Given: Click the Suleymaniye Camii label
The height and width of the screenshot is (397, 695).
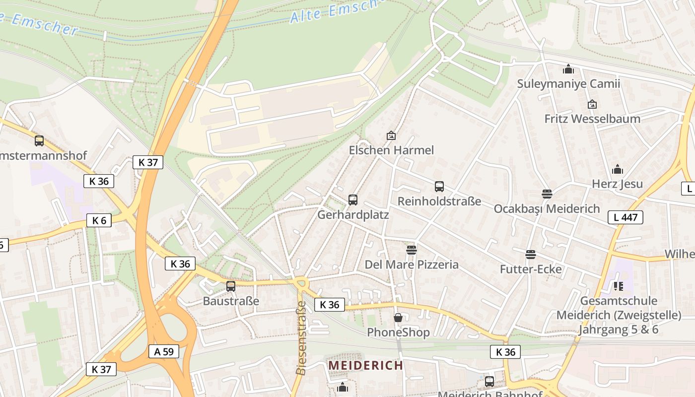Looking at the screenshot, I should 568,83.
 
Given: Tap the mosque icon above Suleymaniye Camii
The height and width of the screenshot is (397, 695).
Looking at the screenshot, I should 568,69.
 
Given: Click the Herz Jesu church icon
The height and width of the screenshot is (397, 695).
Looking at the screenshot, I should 618,170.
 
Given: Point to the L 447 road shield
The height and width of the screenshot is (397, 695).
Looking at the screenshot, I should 625,217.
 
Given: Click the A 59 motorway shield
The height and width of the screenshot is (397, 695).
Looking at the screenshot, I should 164,351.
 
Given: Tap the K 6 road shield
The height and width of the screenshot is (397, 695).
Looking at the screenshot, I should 99,220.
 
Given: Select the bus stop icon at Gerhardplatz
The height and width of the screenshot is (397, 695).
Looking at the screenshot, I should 353,200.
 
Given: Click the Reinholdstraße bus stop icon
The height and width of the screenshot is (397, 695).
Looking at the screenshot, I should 439,187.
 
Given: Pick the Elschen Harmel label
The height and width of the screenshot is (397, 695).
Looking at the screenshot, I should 391,150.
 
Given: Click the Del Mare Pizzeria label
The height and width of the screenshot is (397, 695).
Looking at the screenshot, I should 412,264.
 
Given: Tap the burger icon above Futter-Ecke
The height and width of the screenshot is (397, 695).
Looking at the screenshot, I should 531,255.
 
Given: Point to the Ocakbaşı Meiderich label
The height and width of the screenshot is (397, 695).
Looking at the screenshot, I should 547,208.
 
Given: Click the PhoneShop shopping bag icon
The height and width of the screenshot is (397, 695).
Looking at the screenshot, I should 398,318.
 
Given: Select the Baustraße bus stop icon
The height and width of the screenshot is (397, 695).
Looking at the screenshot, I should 231,286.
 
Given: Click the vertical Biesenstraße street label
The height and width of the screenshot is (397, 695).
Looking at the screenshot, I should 301,337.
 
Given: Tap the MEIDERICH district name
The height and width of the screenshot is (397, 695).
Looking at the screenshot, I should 366,366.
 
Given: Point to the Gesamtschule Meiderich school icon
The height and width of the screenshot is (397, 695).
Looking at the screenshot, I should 618,286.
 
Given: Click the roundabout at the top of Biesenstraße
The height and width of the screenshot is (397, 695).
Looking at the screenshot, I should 301,283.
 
